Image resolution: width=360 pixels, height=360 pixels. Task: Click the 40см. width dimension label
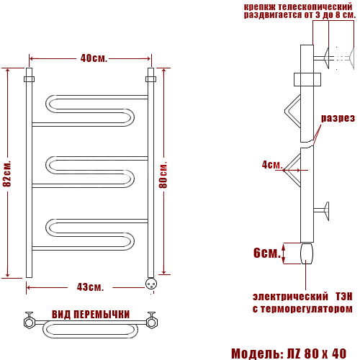pos(94,58)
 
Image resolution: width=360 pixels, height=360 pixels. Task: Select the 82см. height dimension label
pos(7,174)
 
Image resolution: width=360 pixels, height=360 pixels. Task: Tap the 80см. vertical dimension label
pos(163,175)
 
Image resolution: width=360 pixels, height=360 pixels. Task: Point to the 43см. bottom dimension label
pos(90,287)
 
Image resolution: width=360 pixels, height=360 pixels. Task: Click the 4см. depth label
pos(272,165)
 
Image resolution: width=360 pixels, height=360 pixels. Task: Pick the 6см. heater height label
pos(267,253)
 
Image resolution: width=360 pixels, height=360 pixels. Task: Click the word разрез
pos(338,118)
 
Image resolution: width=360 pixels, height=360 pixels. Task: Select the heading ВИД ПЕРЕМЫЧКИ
pos(91,314)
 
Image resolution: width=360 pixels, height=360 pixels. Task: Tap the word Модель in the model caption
pos(257,354)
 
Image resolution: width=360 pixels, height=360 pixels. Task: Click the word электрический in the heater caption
pos(290,297)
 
